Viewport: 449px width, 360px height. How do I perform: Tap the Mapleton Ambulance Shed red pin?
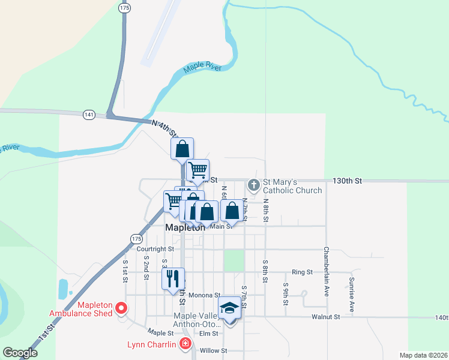coord(121,308)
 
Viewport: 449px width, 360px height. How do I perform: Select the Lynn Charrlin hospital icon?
coord(185,344)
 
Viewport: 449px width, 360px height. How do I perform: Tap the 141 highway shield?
coord(89,114)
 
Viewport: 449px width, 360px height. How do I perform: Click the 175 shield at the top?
coord(124,8)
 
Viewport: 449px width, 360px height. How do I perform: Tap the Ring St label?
coord(302,272)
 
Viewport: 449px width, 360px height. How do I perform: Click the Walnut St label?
coord(326,316)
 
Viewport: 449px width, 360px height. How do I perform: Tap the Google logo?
coord(20,353)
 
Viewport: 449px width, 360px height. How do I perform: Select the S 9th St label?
coord(286,290)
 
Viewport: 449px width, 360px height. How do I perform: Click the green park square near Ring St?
coord(234,260)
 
